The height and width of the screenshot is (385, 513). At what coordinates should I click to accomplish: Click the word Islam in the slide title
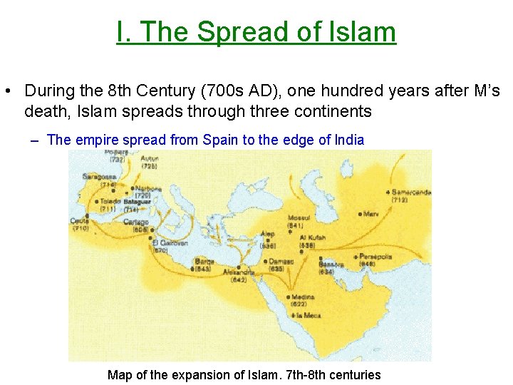click(364, 32)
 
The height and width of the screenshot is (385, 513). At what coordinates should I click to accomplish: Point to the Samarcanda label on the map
click(411, 192)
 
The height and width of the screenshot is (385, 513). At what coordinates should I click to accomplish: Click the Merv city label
click(371, 214)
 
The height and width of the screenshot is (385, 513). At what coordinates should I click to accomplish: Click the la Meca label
click(308, 314)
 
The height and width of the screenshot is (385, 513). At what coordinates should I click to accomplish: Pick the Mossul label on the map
click(299, 217)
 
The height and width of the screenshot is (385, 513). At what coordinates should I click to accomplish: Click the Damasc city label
click(281, 261)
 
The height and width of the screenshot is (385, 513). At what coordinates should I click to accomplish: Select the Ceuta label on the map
click(80, 220)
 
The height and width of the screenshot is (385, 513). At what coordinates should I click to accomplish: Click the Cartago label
click(137, 222)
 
